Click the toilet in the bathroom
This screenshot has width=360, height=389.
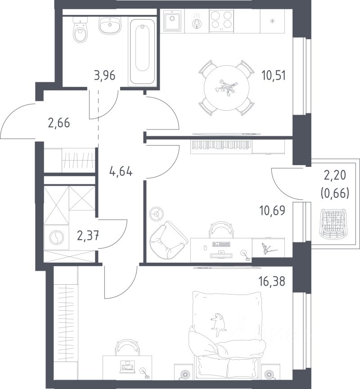[x=81, y=30]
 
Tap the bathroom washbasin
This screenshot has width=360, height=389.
[x=110, y=25]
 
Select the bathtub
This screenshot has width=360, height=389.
[x=142, y=52]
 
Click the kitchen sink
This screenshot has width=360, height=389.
[x=172, y=21]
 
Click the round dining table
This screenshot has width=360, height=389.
[x=226, y=88]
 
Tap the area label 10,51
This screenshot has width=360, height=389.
[x=274, y=75]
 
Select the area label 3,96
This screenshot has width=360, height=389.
[x=105, y=75]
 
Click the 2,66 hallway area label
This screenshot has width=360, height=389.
[x=59, y=123]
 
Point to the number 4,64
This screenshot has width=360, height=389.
[x=121, y=171]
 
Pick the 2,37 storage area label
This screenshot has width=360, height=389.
[x=88, y=235]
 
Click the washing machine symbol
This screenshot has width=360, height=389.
[x=57, y=237]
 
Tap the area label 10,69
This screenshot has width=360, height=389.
[x=272, y=210]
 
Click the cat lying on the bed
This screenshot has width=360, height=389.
[x=219, y=324]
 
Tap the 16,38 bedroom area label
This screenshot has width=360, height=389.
[x=272, y=282]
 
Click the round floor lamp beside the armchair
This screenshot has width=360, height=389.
[x=157, y=214]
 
